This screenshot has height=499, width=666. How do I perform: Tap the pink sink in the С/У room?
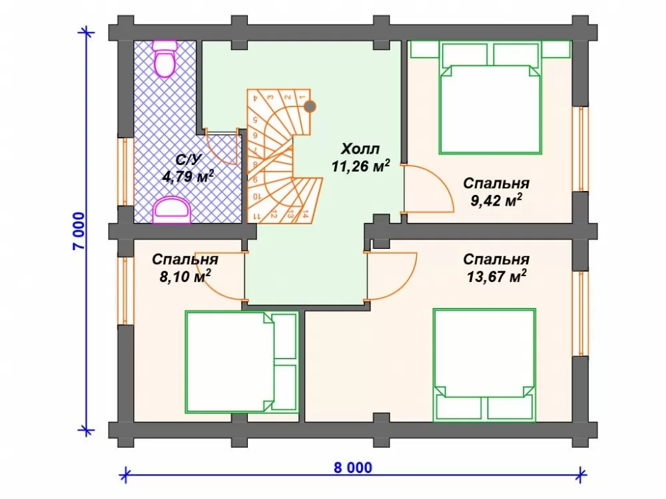172,210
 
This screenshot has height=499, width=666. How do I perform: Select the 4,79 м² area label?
188,176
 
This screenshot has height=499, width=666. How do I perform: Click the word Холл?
360,149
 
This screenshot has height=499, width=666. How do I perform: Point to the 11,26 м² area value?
360,166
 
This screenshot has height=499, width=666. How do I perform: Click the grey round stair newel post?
310,106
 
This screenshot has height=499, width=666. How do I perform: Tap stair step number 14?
304,214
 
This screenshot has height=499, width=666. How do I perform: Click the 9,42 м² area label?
496,200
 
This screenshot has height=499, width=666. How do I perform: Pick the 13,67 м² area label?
497,277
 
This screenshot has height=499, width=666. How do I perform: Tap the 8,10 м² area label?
185,277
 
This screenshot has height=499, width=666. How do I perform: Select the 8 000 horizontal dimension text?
352,468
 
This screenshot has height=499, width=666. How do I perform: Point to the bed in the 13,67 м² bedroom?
484,365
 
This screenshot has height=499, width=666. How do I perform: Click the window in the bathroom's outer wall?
125,172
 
